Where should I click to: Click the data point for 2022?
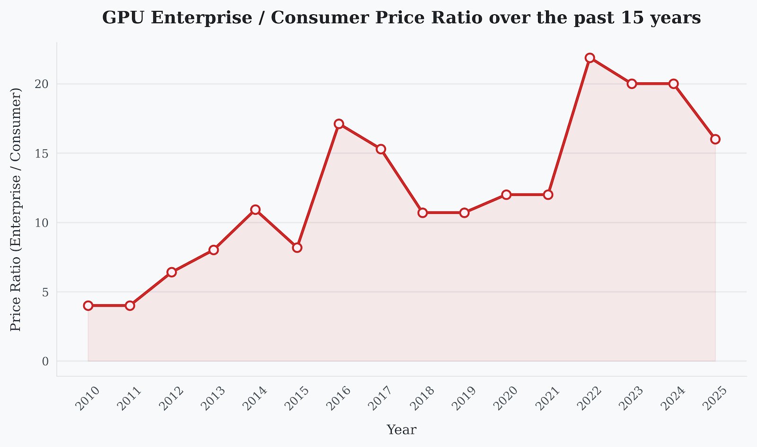(590, 58)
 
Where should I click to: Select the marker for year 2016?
(339, 124)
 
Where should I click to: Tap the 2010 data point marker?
(88, 306)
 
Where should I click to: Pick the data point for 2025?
(715, 139)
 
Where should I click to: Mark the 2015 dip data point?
(297, 247)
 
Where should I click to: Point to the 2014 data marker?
(255, 210)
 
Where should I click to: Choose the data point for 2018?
(423, 213)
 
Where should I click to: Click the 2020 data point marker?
(506, 194)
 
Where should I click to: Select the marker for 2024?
(673, 84)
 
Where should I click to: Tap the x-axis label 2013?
(213, 398)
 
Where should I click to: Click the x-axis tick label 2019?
(464, 398)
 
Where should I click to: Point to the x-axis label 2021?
(547, 398)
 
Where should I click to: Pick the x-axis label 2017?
(380, 398)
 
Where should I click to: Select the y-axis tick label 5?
(45, 292)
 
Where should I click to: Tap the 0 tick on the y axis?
(45, 362)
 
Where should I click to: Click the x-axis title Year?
(401, 430)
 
